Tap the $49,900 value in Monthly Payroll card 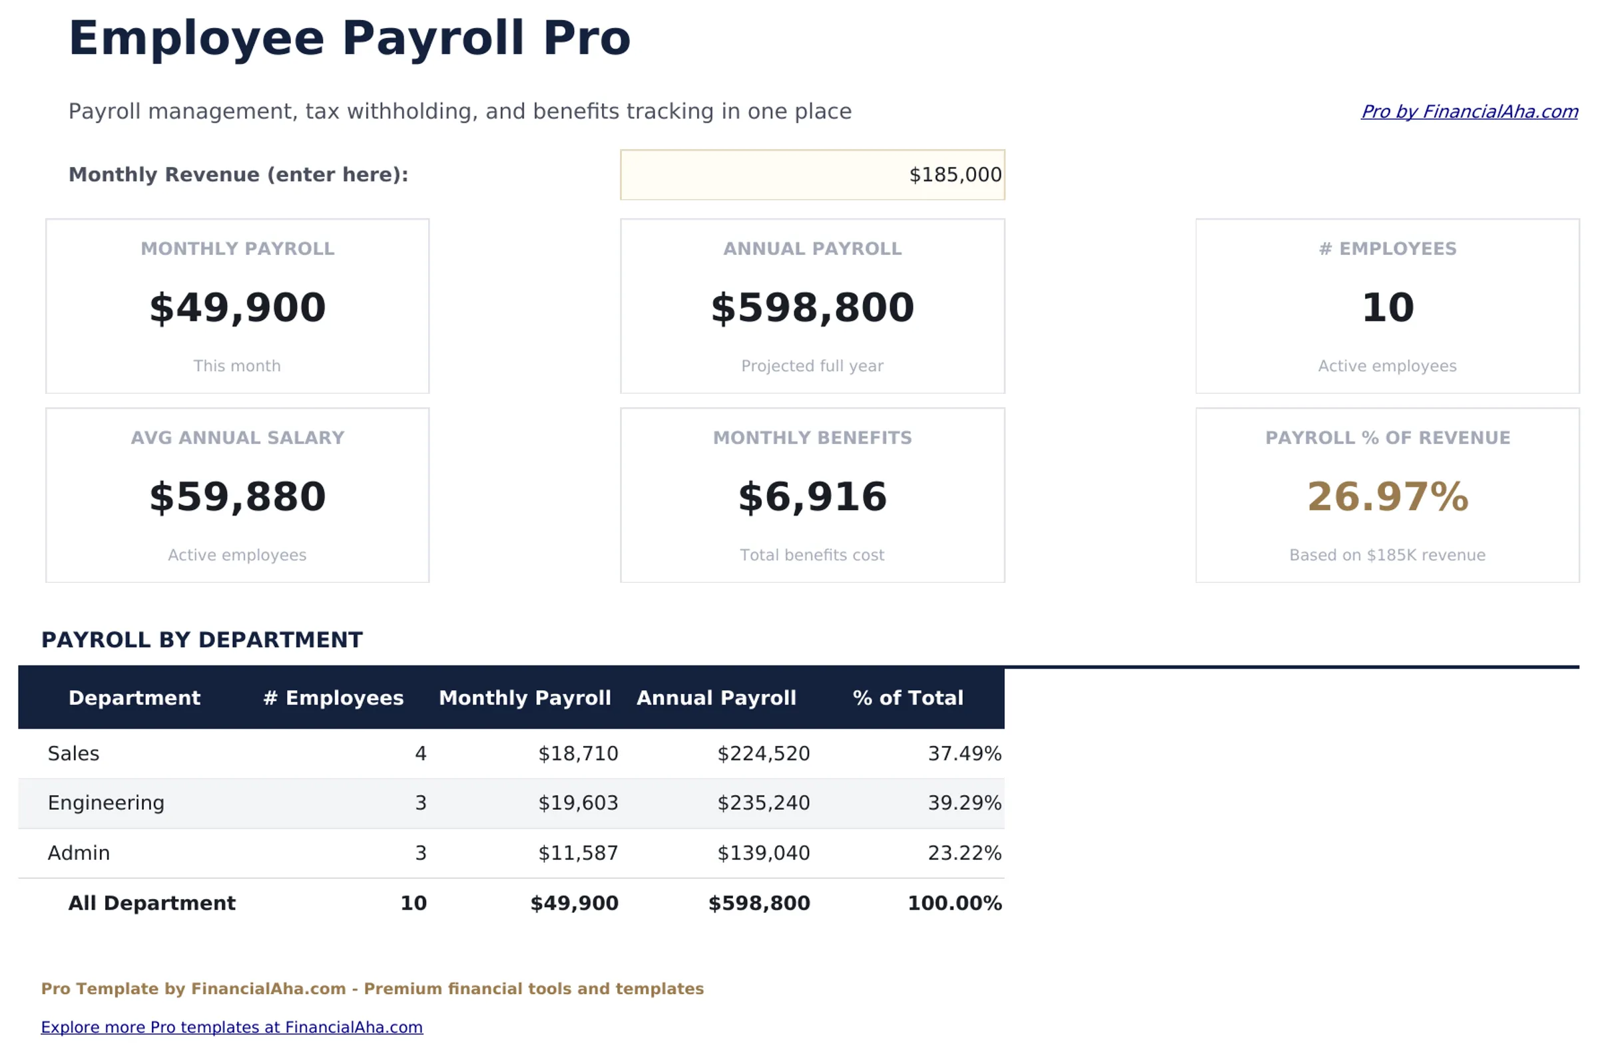click(237, 308)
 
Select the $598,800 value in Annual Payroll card click(812, 308)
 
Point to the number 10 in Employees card click(1387, 308)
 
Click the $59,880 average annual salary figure click(237, 498)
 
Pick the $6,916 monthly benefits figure click(812, 498)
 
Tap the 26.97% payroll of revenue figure click(1387, 498)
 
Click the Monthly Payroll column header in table click(525, 698)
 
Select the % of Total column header click(908, 698)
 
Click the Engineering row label click(106, 802)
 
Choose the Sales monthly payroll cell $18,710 click(577, 753)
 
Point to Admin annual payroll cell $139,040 click(762, 853)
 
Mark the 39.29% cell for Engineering click(963, 802)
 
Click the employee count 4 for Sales click(420, 753)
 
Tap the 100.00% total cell click(953, 903)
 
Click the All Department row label click(151, 903)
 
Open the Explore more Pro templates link click(231, 1027)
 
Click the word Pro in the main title click(586, 39)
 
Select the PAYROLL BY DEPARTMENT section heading click(202, 640)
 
